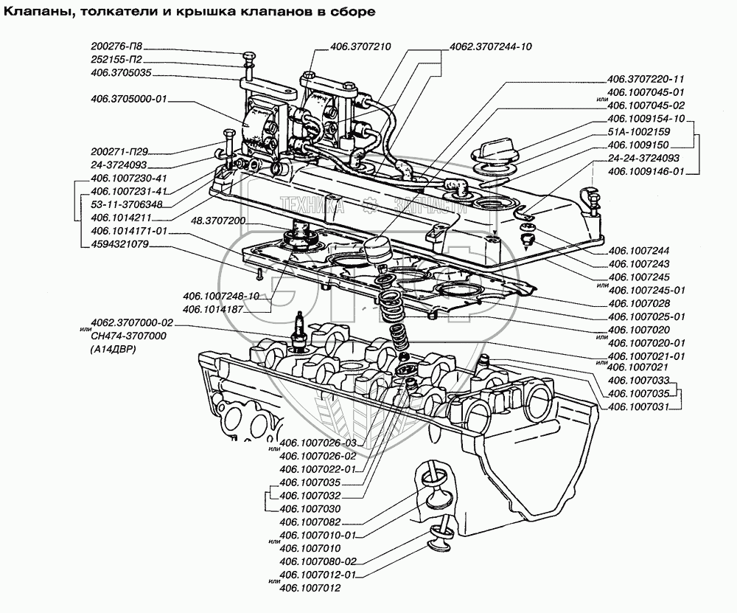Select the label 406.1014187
(214, 309)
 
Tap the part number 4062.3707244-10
(490, 46)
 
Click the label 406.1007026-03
(318, 443)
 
